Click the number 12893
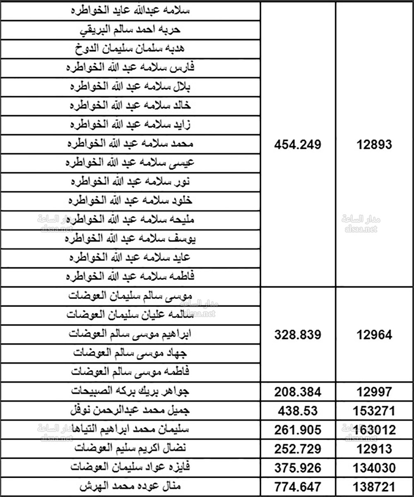pos(374,145)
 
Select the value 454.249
pos(298,145)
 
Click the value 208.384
pos(298,392)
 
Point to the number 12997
pos(374,392)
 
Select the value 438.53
pos(298,411)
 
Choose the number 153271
pos(374,411)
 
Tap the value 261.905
pos(298,430)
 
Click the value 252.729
pos(298,449)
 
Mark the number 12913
pos(374,449)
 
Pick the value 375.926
pos(298,468)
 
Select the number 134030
pos(374,468)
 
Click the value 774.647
pos(298,487)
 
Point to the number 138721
pos(374,487)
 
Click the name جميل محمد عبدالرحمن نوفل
pos(130,410)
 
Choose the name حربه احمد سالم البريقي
pos(130,30)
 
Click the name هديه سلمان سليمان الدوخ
pos(130,49)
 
